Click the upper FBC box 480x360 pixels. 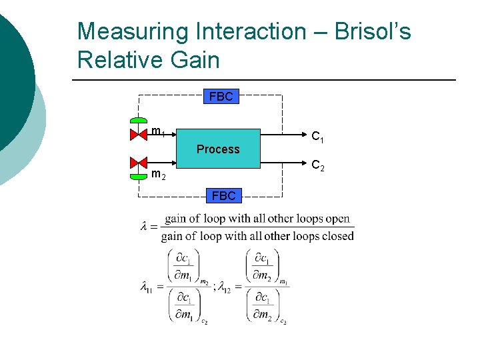click(221, 97)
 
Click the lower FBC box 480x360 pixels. click(223, 195)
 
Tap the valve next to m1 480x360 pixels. click(139, 135)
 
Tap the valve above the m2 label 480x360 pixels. click(139, 163)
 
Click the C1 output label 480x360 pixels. click(318, 137)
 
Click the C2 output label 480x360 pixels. click(318, 165)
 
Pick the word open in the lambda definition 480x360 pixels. click(337, 219)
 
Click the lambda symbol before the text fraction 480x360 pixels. click(144, 227)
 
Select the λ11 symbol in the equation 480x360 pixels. click(146, 287)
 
